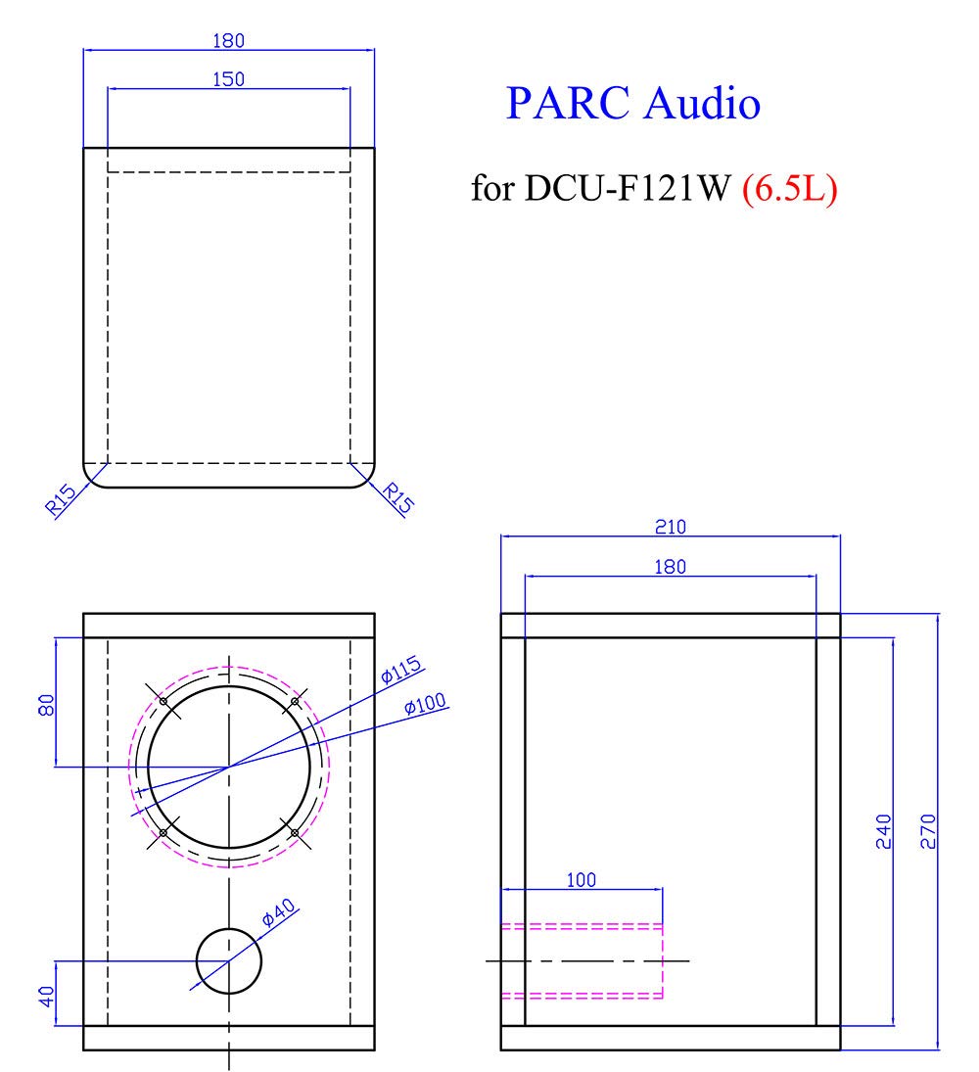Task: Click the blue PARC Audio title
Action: (x=632, y=103)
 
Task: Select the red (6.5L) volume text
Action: (x=789, y=188)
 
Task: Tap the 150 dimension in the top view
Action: (x=228, y=78)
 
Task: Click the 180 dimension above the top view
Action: (x=228, y=40)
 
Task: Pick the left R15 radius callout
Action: (x=61, y=504)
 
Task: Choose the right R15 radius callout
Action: (x=397, y=497)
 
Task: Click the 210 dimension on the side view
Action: (x=671, y=528)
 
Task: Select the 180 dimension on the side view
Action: (x=671, y=567)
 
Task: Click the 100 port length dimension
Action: (x=582, y=879)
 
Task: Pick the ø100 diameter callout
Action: (x=426, y=704)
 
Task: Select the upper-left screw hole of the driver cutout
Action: (x=163, y=701)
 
